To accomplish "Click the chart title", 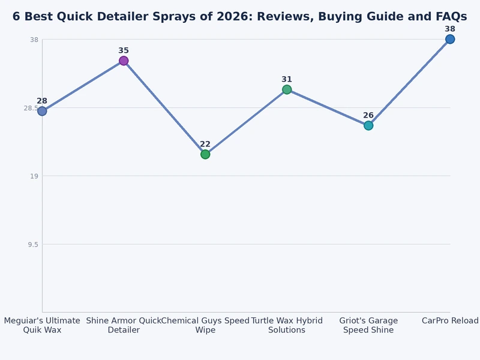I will click(239, 17).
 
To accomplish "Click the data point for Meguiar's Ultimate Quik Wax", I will click(42, 111).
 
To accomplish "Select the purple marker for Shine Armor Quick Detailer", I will click(124, 61).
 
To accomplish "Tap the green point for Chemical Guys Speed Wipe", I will click(205, 154).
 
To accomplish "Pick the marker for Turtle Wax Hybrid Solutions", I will click(287, 89).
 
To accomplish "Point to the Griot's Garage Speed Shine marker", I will click(368, 125).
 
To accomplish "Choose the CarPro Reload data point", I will click(449, 39).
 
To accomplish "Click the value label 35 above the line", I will click(124, 51).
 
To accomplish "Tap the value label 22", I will click(205, 144).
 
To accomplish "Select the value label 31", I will click(287, 79).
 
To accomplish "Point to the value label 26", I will click(368, 115).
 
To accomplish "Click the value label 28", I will click(42, 101).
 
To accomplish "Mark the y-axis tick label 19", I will click(34, 176).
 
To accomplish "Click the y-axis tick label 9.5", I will click(32, 244).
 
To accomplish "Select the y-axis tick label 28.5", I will click(30, 108).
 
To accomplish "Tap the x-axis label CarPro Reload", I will click(450, 321).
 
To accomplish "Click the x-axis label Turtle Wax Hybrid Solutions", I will click(287, 325).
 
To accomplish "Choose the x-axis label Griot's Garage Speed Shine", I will click(368, 325).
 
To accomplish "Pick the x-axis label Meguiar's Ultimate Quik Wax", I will click(42, 325).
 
